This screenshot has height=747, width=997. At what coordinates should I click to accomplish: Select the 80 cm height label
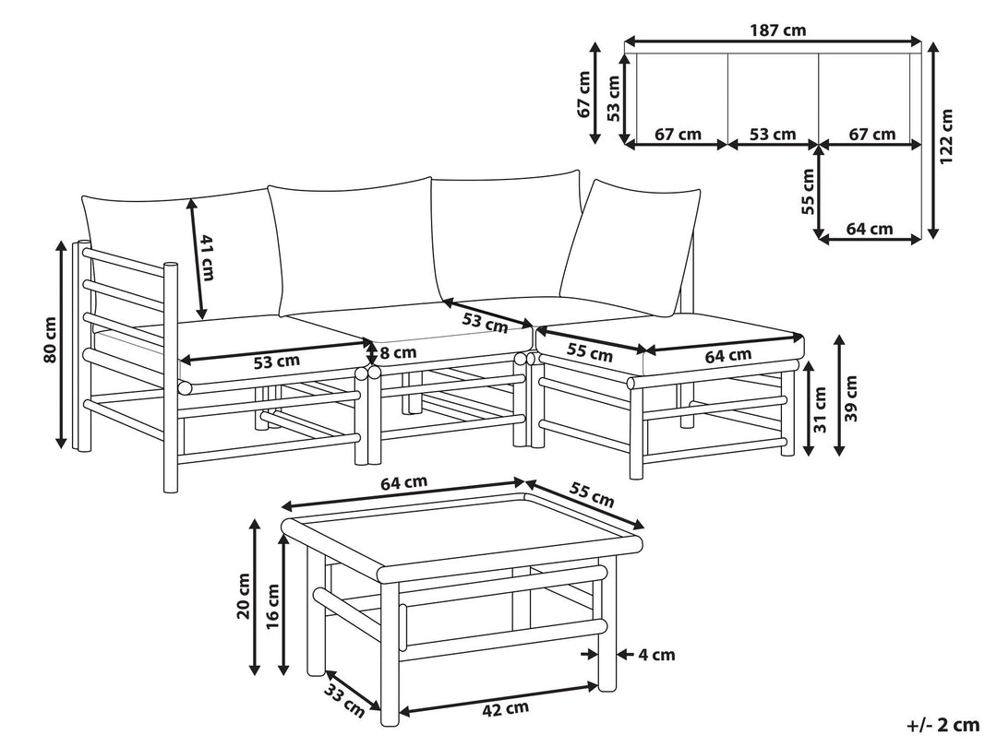pyautogui.click(x=50, y=339)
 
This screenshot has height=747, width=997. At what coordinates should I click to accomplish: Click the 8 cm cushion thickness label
pyautogui.click(x=397, y=351)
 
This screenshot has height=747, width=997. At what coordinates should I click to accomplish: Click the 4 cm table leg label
pyautogui.click(x=656, y=655)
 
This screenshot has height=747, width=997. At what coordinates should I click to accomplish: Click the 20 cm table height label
pyautogui.click(x=243, y=596)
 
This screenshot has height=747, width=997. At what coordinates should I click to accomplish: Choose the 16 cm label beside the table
pyautogui.click(x=272, y=605)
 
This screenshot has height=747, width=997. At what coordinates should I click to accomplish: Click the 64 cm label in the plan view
pyautogui.click(x=870, y=229)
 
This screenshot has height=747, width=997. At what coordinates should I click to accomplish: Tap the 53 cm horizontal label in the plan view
pyautogui.click(x=773, y=135)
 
